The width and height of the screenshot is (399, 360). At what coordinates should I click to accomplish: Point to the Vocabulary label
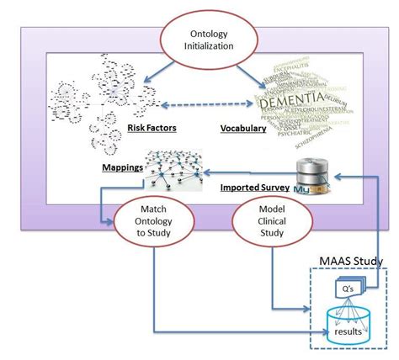coord(244,127)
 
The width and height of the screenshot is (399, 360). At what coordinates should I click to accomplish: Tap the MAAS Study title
coord(345,262)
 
